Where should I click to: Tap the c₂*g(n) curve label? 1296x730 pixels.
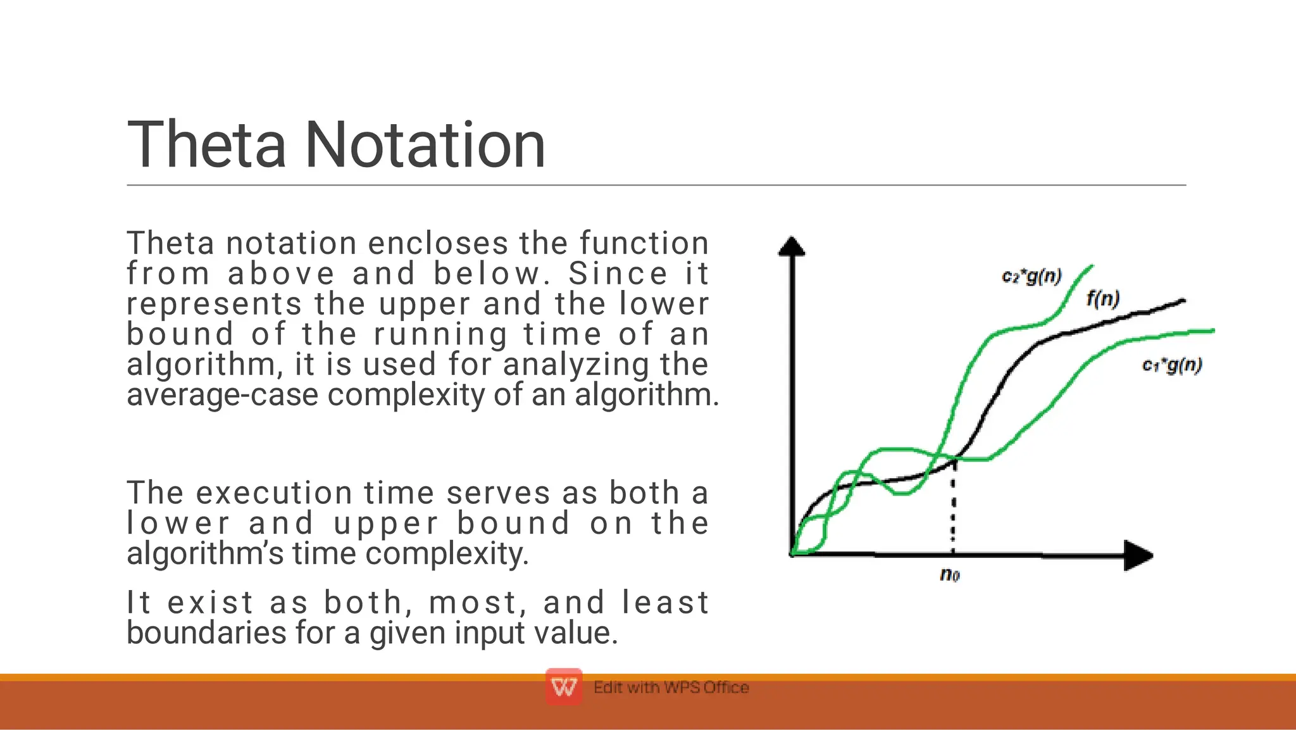point(1031,277)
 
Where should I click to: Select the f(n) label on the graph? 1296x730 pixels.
point(1103,298)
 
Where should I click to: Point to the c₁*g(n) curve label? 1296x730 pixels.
point(1172,365)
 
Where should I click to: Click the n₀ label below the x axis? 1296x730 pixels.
point(950,574)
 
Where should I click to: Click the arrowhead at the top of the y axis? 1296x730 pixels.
point(792,246)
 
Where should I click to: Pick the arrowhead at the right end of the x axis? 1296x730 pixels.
point(1138,555)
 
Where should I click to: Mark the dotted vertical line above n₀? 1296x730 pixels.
point(953,507)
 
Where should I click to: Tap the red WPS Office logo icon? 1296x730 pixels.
point(564,686)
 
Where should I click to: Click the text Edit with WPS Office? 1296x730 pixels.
point(671,687)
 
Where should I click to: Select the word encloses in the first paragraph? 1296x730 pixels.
point(438,243)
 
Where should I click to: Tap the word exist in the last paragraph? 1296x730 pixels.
point(211,602)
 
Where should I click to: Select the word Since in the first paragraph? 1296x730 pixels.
point(618,274)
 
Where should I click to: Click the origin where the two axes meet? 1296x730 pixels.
point(792,555)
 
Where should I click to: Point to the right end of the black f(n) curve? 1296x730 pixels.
point(1182,301)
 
